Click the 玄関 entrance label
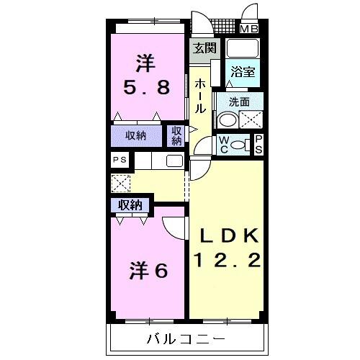[204, 49]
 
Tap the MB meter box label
[249, 30]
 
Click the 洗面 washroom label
[240, 102]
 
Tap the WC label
[224, 143]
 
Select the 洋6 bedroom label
[150, 271]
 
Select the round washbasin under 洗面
[228, 120]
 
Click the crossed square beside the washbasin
[251, 120]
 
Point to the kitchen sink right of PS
[175, 161]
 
